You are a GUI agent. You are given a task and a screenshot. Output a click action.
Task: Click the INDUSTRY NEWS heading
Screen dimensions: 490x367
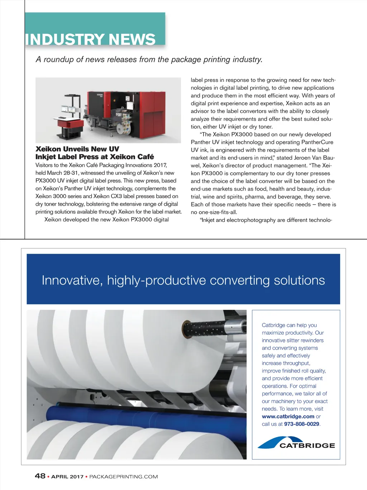pos(90,39)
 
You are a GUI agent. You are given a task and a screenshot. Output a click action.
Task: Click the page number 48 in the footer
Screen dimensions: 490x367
pos(40,476)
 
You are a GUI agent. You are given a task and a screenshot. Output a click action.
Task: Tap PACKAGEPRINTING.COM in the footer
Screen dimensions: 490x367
pos(123,477)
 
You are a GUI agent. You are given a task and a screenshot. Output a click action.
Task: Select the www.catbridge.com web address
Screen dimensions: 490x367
pos(288,416)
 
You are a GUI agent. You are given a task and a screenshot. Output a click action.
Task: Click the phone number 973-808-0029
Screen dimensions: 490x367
pos(301,424)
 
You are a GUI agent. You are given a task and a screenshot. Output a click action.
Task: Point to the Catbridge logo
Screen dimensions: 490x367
pos(296,443)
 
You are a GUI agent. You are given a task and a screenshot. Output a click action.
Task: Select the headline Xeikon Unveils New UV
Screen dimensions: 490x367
pos(77,149)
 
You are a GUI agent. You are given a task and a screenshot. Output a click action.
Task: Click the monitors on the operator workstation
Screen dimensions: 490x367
pos(70,109)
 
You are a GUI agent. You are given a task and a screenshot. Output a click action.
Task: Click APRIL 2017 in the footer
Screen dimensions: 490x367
pos(67,477)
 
